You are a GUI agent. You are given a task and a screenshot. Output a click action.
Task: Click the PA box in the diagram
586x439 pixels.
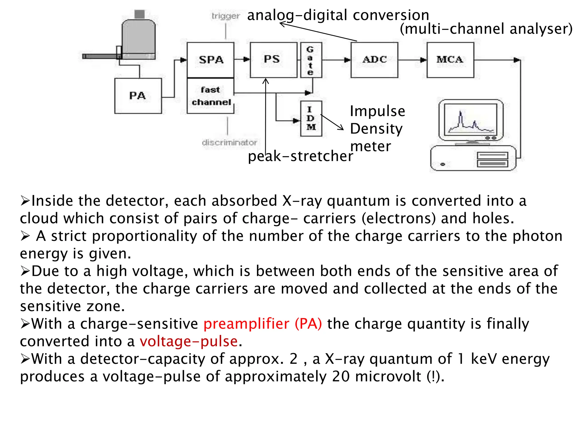coord(138,96)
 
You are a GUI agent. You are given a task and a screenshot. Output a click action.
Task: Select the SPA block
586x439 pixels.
coord(211,60)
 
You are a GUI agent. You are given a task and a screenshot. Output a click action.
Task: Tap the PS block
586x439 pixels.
coord(274,60)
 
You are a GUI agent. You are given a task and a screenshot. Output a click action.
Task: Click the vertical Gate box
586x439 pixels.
coord(311,60)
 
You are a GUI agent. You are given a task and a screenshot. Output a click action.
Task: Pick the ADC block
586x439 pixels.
coord(374,60)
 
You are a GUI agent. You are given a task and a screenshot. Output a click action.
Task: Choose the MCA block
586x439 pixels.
coord(450,60)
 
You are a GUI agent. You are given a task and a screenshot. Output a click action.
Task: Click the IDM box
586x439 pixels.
coord(311,118)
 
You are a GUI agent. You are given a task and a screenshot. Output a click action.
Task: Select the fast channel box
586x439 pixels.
coord(211,96)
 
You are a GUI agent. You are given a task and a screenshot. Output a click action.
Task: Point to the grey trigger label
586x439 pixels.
coord(225,16)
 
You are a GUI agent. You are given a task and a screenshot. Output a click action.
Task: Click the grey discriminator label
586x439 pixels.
coord(229,142)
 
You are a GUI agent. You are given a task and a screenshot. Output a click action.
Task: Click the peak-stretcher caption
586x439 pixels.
coord(300,156)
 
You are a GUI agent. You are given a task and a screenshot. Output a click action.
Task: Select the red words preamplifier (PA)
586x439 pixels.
coord(262,324)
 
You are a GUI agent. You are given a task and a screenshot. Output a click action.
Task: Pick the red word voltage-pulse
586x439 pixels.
coord(189,342)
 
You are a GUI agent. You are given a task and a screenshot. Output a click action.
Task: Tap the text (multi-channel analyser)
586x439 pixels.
coord(486,29)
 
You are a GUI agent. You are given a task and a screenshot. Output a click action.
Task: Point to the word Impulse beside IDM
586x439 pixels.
coord(377,111)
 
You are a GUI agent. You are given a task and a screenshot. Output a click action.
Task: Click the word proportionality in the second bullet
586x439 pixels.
coord(144,236)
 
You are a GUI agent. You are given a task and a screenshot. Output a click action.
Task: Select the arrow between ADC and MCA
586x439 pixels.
coord(412,60)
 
